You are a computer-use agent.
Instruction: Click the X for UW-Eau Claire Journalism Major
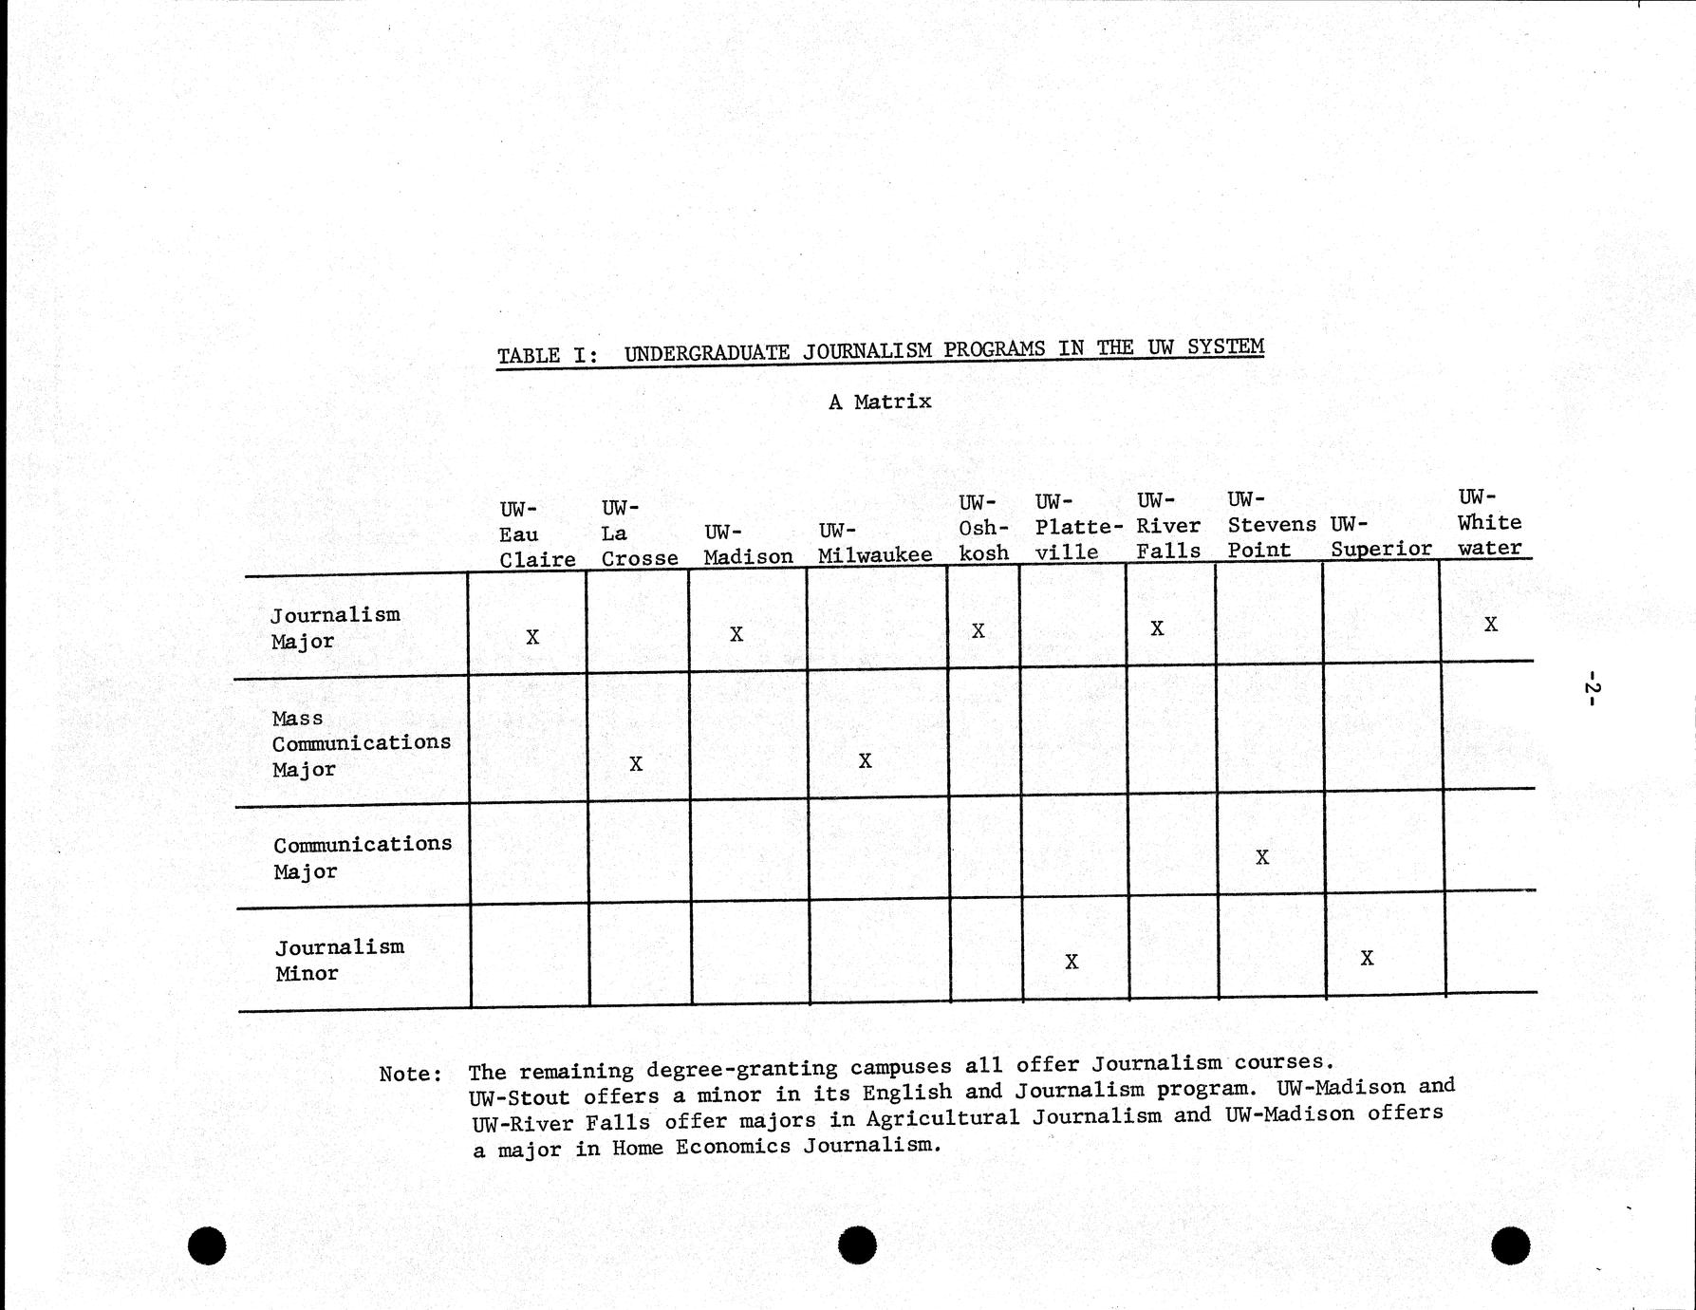click(x=532, y=637)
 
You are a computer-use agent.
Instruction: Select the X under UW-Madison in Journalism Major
click(x=736, y=634)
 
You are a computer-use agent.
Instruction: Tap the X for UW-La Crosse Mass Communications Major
click(x=636, y=763)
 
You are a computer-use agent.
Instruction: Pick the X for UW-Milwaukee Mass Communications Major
click(x=865, y=760)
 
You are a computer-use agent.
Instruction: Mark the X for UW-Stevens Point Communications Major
click(x=1262, y=857)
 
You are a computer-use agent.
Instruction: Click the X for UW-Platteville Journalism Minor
click(x=1072, y=962)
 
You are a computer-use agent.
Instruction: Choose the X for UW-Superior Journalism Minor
click(x=1367, y=959)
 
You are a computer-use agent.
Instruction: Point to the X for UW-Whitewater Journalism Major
click(x=1491, y=625)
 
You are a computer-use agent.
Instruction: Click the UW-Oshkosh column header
click(x=982, y=527)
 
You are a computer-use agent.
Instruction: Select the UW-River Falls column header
click(x=1168, y=525)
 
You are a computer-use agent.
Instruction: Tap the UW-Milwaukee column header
click(x=874, y=543)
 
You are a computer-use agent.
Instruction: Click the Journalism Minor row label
click(x=339, y=960)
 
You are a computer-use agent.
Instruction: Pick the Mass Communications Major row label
click(x=361, y=743)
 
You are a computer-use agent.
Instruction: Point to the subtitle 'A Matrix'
click(x=880, y=402)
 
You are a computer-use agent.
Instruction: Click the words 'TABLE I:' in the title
click(x=548, y=356)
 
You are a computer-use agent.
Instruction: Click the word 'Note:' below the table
click(x=410, y=1074)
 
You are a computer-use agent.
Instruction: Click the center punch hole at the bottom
click(x=857, y=1245)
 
